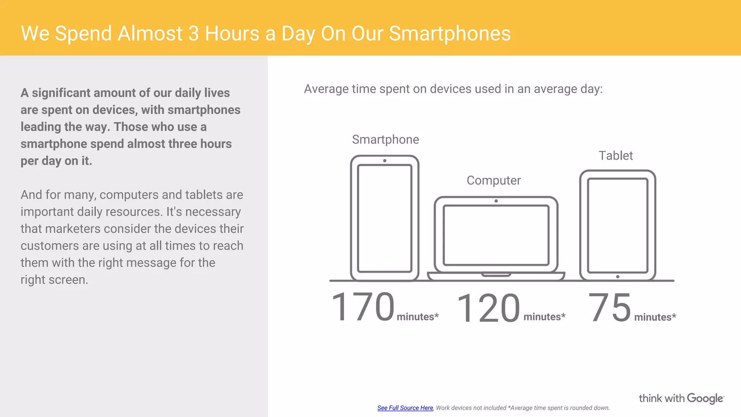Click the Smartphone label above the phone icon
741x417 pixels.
point(385,140)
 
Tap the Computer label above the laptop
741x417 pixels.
point(494,180)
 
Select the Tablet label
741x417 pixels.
point(615,156)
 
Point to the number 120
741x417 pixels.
point(488,308)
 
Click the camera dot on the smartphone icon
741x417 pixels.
point(385,161)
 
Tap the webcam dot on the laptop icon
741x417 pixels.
point(496,201)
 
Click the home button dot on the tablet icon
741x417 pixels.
point(618,277)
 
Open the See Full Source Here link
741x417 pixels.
point(405,408)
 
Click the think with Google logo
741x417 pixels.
point(681,399)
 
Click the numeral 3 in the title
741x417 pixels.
point(194,34)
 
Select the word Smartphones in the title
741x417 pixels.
point(450,34)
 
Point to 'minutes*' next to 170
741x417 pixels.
point(418,317)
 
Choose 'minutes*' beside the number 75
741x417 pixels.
point(655,317)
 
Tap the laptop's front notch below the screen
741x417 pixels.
point(496,275)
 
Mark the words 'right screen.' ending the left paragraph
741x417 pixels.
point(54,280)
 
